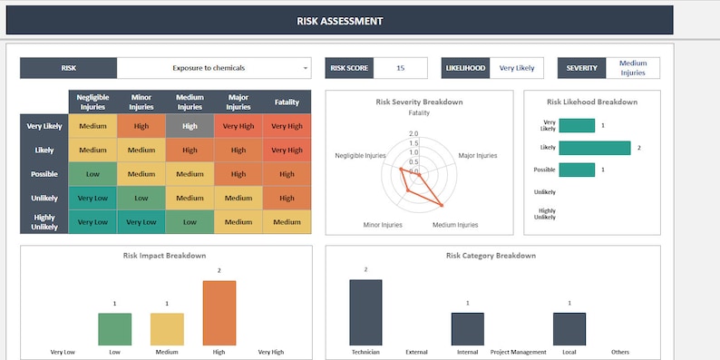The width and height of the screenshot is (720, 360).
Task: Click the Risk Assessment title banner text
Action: [x=340, y=21]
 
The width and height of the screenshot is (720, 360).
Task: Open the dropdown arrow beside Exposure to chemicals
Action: [x=306, y=68]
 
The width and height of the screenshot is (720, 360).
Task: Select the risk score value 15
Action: [x=400, y=68]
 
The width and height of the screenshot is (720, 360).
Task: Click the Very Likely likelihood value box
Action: [x=516, y=68]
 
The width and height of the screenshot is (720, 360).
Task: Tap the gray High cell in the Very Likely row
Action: [x=190, y=126]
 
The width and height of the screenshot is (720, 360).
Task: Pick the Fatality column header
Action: [x=287, y=102]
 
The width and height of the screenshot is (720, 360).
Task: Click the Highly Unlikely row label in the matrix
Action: [x=44, y=222]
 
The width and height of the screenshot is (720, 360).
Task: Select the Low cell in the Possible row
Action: [x=92, y=174]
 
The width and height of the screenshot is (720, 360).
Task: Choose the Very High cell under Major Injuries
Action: [x=238, y=126]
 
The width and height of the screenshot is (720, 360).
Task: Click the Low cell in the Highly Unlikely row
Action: [x=190, y=222]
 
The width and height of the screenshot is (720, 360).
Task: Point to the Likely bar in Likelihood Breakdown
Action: [x=594, y=147]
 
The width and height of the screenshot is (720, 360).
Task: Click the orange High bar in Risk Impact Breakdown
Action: [x=219, y=313]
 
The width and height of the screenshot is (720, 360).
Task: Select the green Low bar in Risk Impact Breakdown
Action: [x=114, y=329]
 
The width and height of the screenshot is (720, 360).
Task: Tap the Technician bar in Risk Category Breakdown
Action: [x=365, y=312]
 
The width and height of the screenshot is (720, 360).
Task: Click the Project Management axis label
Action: [x=518, y=352]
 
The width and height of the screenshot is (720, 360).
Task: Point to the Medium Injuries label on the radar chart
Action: [x=454, y=224]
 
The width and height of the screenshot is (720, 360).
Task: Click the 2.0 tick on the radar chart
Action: [x=414, y=133]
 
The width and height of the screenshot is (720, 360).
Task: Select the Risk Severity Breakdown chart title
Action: [x=419, y=102]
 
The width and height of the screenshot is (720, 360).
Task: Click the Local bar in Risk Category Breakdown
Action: [x=569, y=329]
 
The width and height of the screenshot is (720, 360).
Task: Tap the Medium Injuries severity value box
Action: [x=633, y=68]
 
